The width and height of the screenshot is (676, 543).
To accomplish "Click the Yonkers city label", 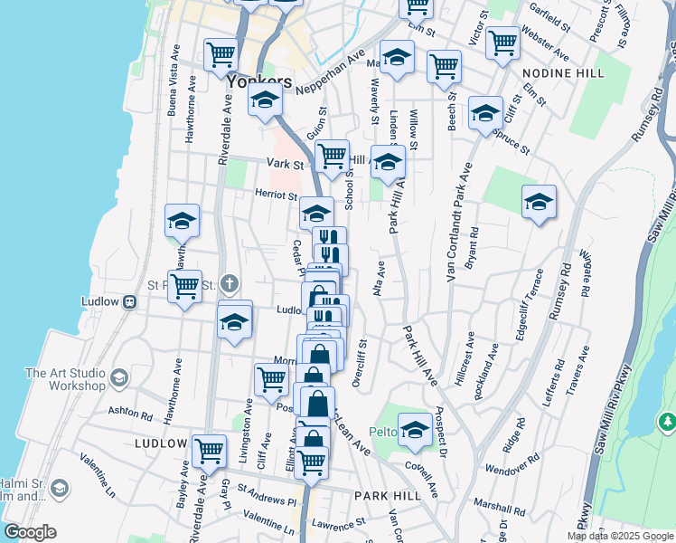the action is pyautogui.click(x=259, y=81).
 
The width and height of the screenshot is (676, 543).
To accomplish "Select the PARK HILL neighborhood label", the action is pyautogui.click(x=384, y=496).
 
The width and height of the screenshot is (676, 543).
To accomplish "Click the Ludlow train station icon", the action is pyautogui.click(x=130, y=301).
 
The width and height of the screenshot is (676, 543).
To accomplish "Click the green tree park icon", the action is pyautogui.click(x=668, y=422).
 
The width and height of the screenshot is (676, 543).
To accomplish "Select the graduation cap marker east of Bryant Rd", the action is pyautogui.click(x=539, y=202).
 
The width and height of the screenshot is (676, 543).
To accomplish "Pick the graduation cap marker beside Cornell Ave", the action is pyautogui.click(x=416, y=431).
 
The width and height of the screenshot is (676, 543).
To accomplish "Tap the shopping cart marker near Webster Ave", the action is pyautogui.click(x=502, y=42).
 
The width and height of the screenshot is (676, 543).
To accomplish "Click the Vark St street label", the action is pyautogui.click(x=285, y=164).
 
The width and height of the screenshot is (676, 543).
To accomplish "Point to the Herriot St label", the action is pyautogui.click(x=276, y=195).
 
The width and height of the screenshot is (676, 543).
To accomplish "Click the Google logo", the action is pyautogui.click(x=30, y=531).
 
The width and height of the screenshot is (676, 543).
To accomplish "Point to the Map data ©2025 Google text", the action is pyautogui.click(x=620, y=536).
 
